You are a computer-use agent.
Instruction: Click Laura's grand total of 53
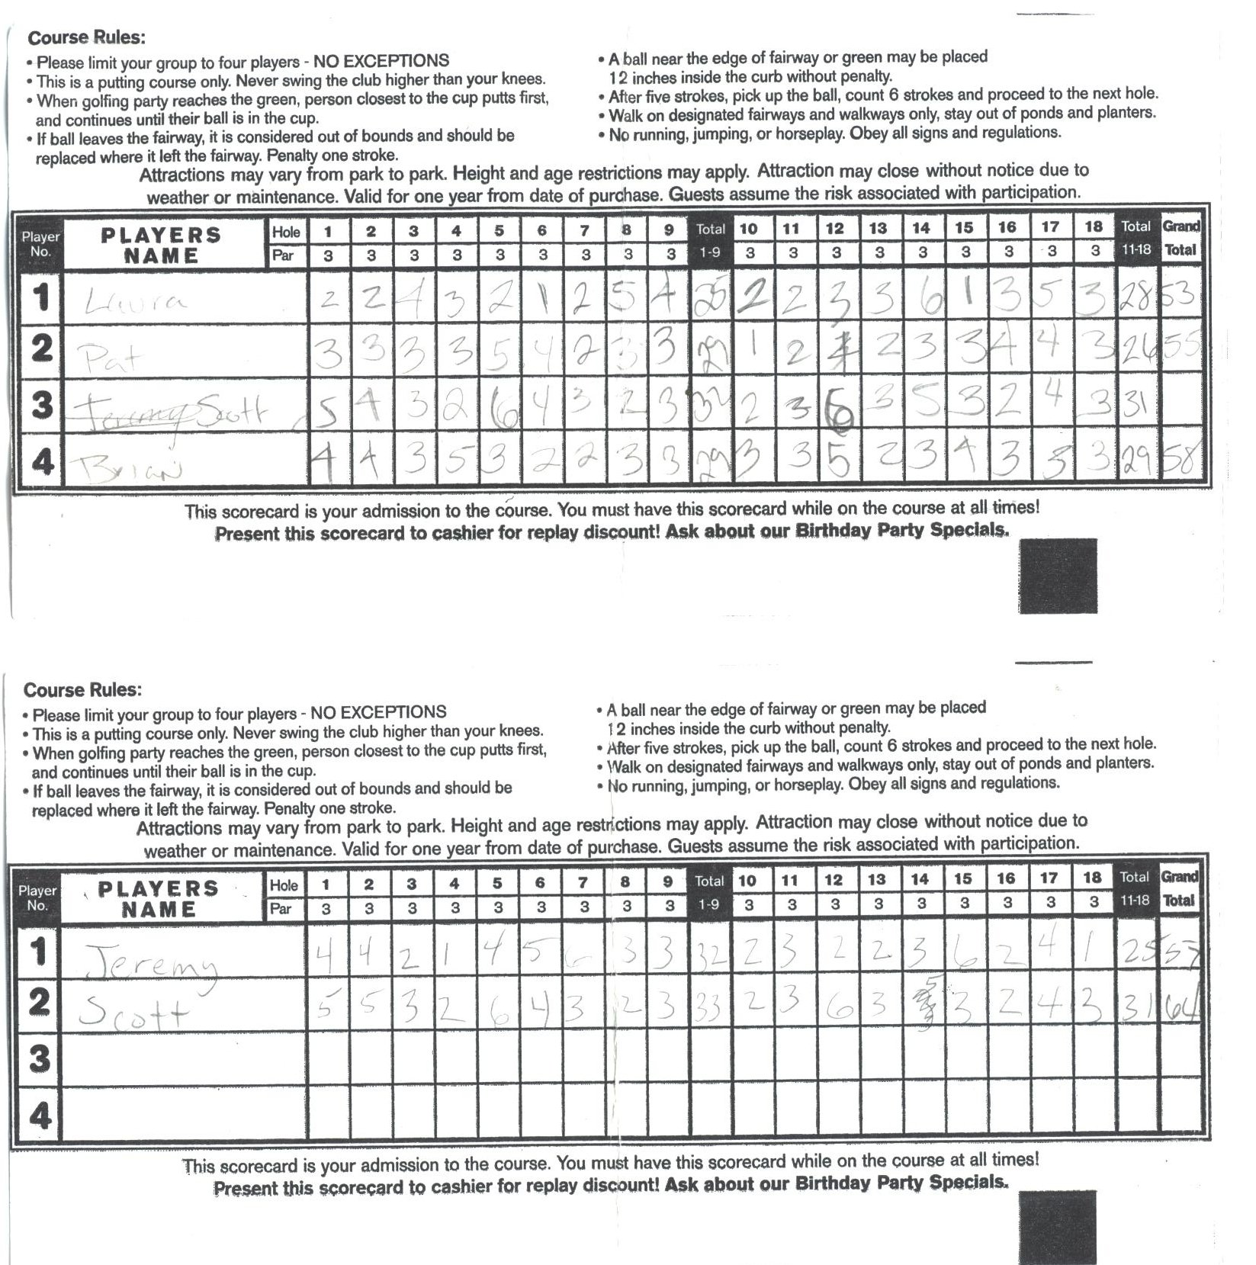[x=1180, y=294]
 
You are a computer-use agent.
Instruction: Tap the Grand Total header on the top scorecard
[x=1181, y=238]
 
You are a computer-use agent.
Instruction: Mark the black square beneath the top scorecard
[x=1058, y=576]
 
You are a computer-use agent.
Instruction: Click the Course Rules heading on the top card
[x=86, y=37]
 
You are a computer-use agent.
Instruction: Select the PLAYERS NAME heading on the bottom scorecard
[x=158, y=899]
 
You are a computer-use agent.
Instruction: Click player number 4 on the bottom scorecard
[x=39, y=1116]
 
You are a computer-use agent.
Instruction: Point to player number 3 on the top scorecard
[x=41, y=405]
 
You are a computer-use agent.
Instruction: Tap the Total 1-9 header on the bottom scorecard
[x=708, y=891]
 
